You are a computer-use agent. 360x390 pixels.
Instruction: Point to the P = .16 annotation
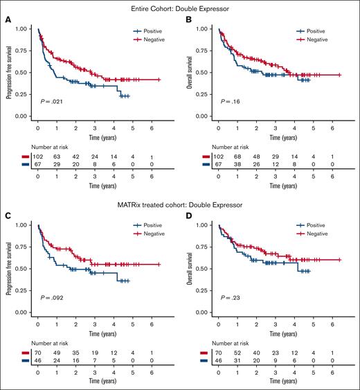click(233, 102)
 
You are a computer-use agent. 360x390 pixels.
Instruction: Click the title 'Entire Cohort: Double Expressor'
click(181, 7)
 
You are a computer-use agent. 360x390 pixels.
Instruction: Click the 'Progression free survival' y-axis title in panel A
click(9, 73)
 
